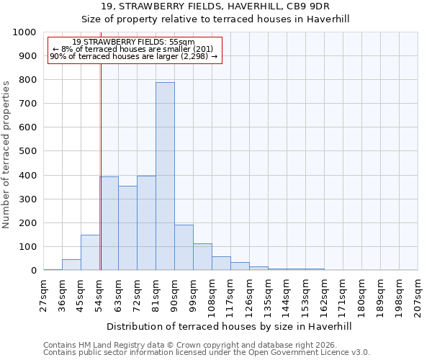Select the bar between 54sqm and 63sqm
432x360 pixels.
(x=109, y=223)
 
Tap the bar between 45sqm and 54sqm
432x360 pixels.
(x=90, y=253)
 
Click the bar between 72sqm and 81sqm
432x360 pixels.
(x=146, y=223)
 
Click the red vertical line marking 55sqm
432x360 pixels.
(x=102, y=166)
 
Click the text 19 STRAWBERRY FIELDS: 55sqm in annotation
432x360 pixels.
(x=134, y=42)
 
